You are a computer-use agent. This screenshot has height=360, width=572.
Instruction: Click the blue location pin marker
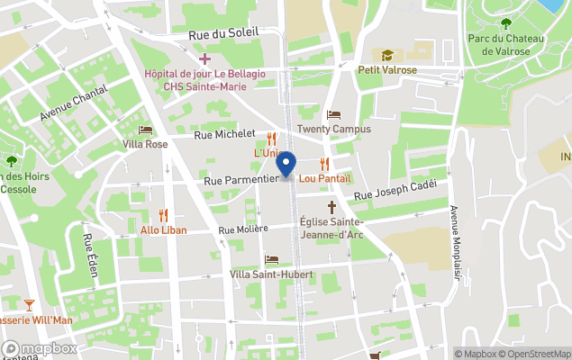coord(286,165)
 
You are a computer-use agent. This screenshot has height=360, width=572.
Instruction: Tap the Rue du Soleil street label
coord(223,33)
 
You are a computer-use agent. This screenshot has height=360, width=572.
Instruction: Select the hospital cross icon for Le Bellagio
coord(204,58)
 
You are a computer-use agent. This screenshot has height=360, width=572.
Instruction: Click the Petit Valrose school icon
coord(387,55)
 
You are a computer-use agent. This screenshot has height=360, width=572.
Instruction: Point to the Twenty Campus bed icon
coord(334,115)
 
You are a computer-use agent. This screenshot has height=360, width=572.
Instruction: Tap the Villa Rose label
coord(145,144)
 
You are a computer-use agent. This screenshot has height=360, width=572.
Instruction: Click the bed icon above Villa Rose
coord(145,130)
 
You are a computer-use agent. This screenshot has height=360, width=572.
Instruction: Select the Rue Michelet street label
coord(224,134)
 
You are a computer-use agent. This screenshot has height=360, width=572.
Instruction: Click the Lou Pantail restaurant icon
coord(324,163)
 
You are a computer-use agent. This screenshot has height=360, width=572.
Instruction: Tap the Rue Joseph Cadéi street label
coord(395,191)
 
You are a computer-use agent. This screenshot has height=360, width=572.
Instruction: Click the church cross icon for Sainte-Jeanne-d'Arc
coord(331,207)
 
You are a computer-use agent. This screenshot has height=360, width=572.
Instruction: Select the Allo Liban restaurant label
coord(163,229)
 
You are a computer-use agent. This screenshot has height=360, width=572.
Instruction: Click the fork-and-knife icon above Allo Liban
coord(163,214)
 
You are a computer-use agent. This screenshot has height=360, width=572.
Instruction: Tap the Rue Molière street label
coord(242,229)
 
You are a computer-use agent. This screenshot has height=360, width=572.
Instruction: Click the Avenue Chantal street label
coord(74,104)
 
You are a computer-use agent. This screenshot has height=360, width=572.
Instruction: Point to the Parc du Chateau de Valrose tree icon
coord(504,24)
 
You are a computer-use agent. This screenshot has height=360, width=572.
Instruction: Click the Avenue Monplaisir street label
coord(455,243)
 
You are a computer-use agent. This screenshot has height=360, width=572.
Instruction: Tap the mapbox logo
coord(40,348)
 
